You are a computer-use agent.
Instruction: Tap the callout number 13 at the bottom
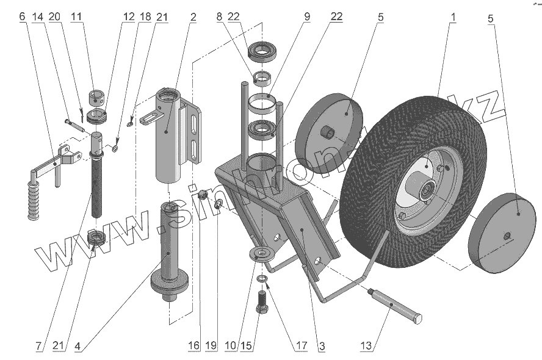pyautogui.click(x=366, y=346)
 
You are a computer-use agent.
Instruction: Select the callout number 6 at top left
pyautogui.click(x=22, y=17)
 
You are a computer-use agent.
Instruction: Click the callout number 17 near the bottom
pyautogui.click(x=301, y=346)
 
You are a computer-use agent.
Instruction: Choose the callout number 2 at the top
pyautogui.click(x=193, y=17)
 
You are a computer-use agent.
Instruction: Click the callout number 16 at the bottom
pyautogui.click(x=193, y=346)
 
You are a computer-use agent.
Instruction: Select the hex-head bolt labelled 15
pyautogui.click(x=262, y=303)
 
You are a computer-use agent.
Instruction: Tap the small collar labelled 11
pyautogui.click(x=98, y=96)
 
